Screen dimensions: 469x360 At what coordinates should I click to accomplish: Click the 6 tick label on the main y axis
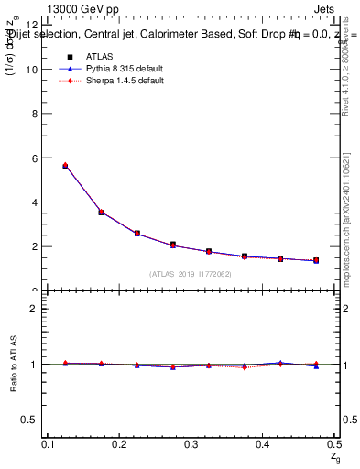35,158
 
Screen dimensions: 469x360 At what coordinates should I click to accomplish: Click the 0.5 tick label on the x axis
335,443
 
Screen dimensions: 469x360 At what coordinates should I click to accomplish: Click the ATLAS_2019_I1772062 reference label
191,274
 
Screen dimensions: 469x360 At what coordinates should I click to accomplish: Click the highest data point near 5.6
65,166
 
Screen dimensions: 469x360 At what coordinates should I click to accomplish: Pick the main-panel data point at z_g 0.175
101,212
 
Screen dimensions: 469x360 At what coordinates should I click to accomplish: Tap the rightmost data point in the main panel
316,260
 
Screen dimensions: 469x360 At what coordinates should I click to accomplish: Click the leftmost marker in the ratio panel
65,364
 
